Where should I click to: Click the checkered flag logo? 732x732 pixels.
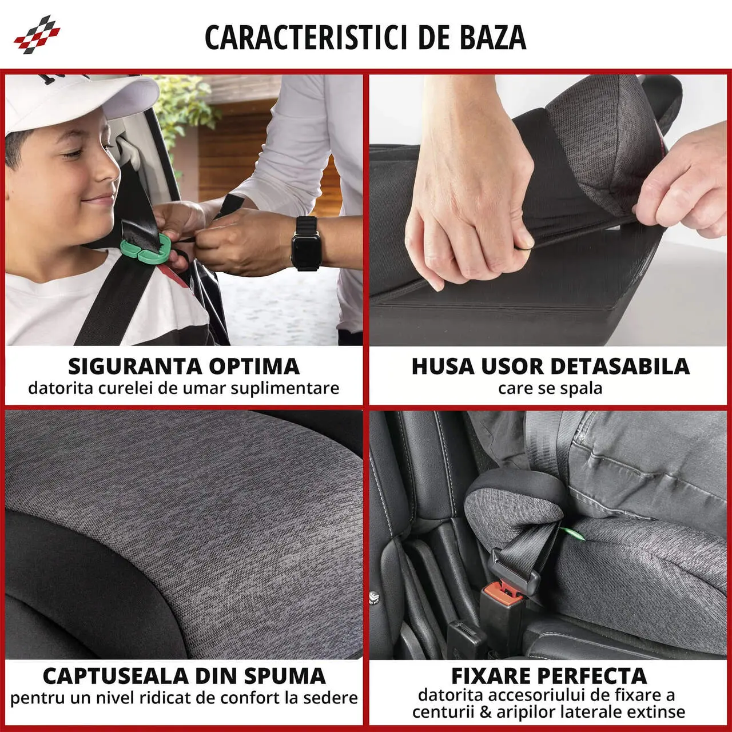click(37, 35)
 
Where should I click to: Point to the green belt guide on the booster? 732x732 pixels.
click(572, 534)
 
